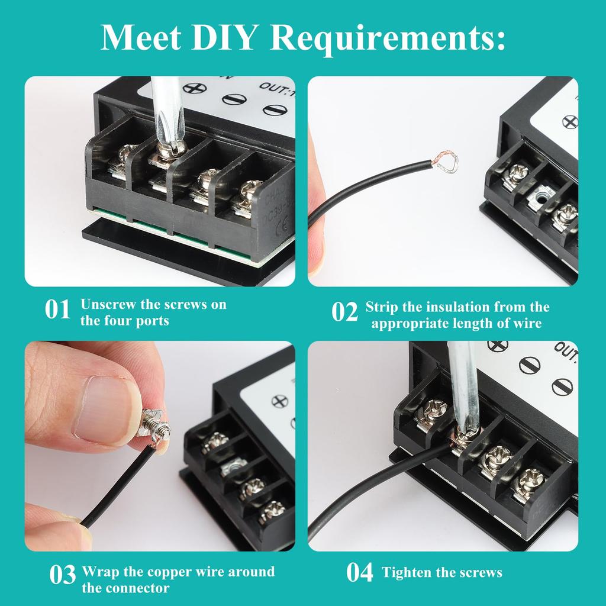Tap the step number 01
click(58, 310)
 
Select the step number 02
click(344, 312)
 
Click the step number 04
click(360, 573)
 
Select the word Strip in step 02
click(381, 307)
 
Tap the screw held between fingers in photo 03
click(155, 428)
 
